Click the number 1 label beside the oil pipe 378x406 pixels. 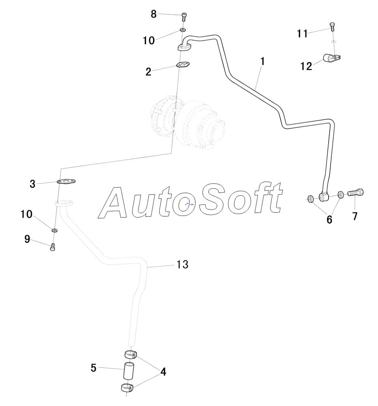click(262, 62)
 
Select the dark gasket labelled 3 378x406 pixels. click(67, 182)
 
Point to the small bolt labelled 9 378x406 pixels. click(52, 247)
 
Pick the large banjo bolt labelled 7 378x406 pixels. click(356, 193)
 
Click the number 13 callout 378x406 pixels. click(183, 265)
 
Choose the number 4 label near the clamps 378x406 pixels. click(163, 371)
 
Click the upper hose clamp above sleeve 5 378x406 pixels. click(130, 355)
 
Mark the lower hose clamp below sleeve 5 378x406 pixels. click(127, 388)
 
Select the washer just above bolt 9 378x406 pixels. click(54, 230)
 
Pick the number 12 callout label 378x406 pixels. click(307, 66)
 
